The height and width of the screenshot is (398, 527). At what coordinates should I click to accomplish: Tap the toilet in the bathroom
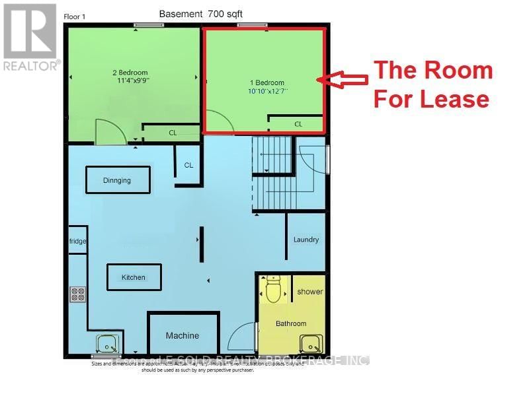click(x=273, y=289)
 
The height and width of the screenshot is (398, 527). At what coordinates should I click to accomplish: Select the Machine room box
click(x=182, y=335)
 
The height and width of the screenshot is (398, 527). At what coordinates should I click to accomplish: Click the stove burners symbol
click(x=77, y=294)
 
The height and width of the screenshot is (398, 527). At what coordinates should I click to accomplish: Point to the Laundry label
click(x=306, y=240)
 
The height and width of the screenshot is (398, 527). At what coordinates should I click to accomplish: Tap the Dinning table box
click(x=117, y=180)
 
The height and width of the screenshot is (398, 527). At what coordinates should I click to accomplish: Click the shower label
click(x=309, y=291)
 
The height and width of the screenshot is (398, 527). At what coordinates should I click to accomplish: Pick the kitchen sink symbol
click(x=106, y=343)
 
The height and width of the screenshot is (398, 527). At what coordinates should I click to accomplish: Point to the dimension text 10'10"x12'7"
click(x=263, y=91)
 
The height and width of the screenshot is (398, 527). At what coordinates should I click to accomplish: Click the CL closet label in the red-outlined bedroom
click(x=298, y=123)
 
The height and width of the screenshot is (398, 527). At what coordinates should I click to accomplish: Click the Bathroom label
click(x=291, y=323)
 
